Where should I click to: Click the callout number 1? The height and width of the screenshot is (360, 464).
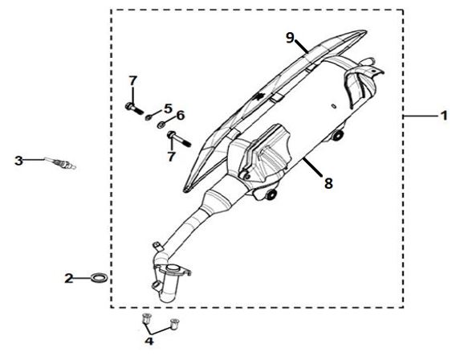point(444,116)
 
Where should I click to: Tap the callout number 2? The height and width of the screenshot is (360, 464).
point(69,279)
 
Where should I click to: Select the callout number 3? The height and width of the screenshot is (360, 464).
point(18,161)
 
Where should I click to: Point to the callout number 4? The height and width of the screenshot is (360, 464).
point(149,341)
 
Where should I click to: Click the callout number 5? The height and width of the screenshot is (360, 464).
point(168,108)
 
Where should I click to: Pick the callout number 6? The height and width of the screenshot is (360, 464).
point(181,115)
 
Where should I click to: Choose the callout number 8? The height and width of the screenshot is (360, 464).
point(328,183)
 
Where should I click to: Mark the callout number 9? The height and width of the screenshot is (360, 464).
point(291,38)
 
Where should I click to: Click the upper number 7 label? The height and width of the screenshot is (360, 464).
point(133,80)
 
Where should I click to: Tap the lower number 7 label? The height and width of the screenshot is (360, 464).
point(171,157)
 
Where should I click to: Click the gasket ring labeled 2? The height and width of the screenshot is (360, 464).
point(99,279)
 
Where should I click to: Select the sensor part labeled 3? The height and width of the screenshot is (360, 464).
point(61,163)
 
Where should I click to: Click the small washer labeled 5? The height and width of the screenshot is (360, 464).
point(148,118)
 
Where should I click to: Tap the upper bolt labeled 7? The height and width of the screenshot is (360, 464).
point(133,108)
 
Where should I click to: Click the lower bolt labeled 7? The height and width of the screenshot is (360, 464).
point(179,139)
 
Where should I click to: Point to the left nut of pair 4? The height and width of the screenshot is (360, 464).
point(145,319)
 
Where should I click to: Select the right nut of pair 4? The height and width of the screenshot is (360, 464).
point(174,324)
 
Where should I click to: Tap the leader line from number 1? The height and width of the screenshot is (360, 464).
point(421,117)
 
